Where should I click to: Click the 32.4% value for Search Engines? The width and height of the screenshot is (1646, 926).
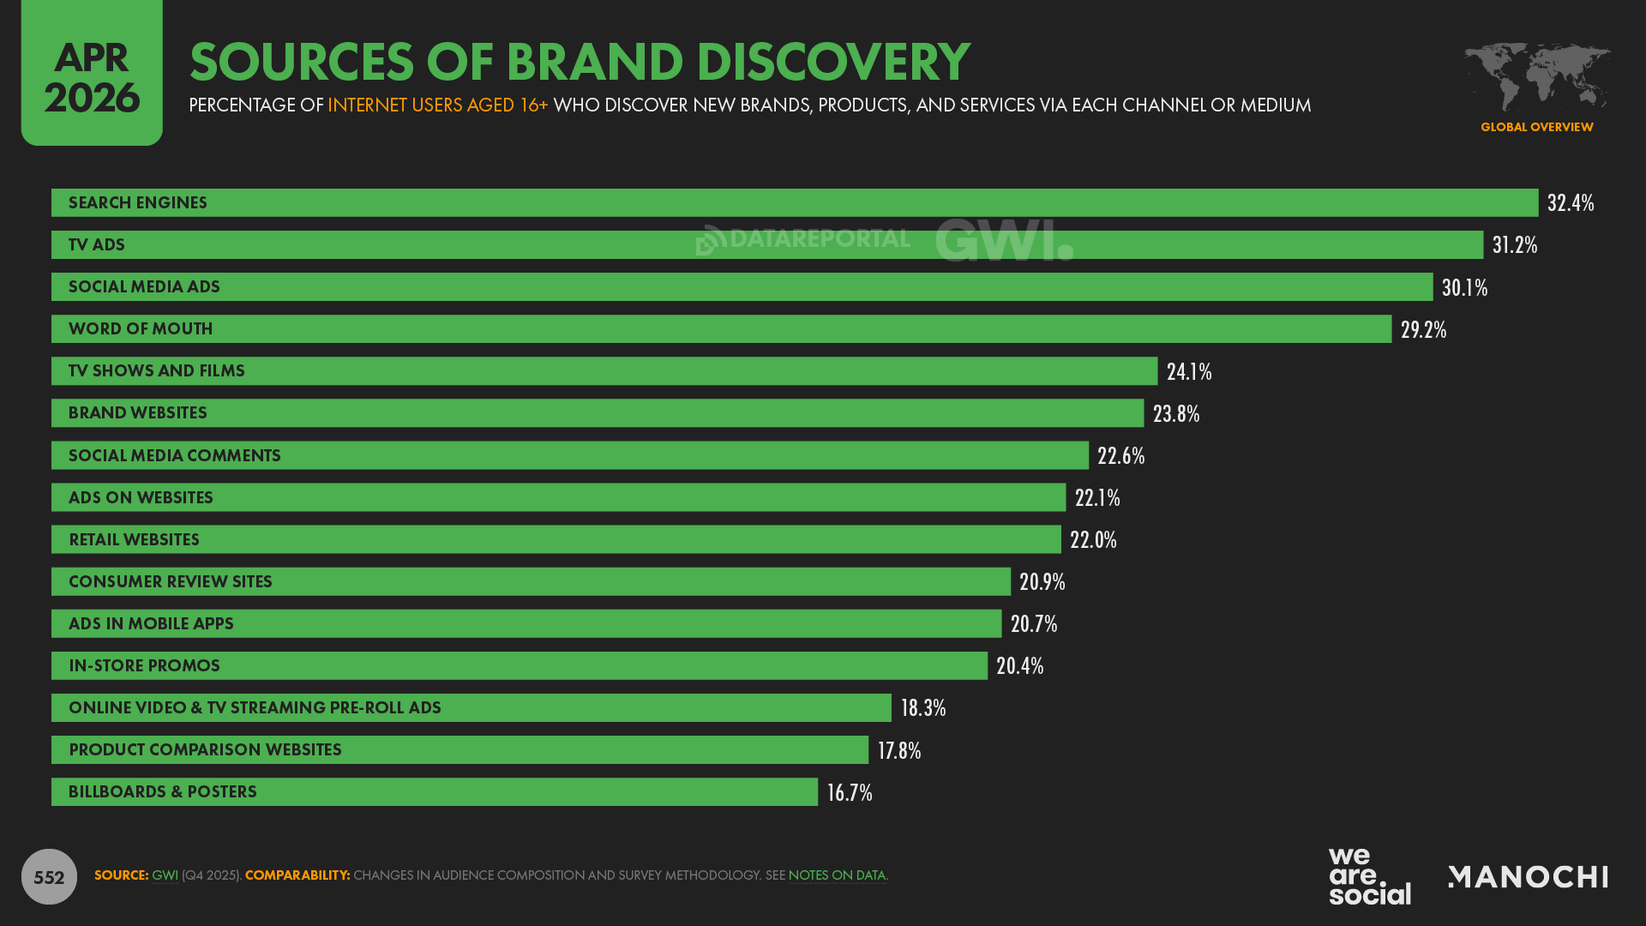(1570, 203)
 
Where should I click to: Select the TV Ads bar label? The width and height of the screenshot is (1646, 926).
(97, 245)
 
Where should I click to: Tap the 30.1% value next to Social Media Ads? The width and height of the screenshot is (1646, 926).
(1464, 287)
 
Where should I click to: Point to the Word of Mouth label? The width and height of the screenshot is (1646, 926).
(141, 329)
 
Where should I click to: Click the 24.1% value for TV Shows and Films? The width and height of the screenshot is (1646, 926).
(1188, 371)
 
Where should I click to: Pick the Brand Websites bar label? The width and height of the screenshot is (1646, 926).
(138, 413)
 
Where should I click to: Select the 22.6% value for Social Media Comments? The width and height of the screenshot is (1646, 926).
(1120, 455)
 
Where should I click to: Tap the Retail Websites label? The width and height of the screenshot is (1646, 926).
(134, 539)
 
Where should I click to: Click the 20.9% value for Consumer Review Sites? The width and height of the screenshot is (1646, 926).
(1042, 581)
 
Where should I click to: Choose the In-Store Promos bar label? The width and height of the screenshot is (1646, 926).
(144, 665)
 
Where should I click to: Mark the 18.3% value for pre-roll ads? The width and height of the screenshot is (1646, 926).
(922, 707)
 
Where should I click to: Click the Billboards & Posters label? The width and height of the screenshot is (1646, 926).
(163, 791)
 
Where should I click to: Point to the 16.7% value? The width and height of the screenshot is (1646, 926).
(849, 792)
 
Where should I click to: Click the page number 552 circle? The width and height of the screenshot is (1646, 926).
(49, 876)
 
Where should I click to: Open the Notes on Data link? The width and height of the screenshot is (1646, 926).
(837, 875)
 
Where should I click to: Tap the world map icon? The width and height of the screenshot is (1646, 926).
(1536, 77)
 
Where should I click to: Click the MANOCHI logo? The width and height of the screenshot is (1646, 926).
(1528, 876)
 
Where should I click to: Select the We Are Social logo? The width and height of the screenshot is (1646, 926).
(1369, 876)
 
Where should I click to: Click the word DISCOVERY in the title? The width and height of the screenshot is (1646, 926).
(832, 62)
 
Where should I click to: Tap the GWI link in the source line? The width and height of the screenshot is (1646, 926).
(165, 875)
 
